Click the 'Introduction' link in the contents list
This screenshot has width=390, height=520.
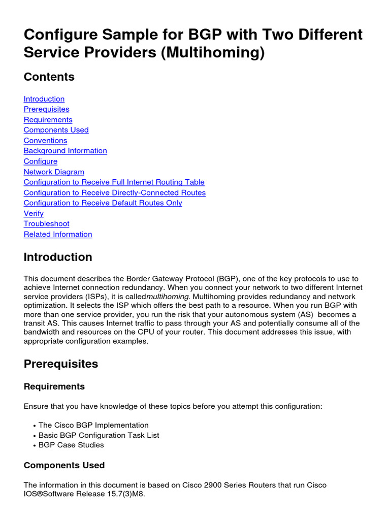click(44, 99)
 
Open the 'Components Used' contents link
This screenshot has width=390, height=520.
click(56, 130)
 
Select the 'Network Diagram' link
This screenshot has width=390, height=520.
click(54, 172)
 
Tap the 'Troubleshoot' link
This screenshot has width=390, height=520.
click(46, 224)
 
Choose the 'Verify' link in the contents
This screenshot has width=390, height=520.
click(34, 214)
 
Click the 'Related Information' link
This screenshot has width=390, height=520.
click(58, 235)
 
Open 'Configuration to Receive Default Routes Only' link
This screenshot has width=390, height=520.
click(103, 203)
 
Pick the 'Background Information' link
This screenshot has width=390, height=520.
click(65, 151)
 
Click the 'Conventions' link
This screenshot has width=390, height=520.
click(45, 141)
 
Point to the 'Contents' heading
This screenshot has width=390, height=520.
click(49, 77)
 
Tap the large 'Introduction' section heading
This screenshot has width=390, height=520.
click(58, 257)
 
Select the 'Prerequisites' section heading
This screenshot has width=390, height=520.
click(61, 364)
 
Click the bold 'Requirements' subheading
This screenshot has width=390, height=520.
click(54, 387)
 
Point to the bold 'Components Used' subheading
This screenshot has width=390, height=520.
click(64, 466)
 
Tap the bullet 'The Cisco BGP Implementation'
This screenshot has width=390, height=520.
click(93, 426)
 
